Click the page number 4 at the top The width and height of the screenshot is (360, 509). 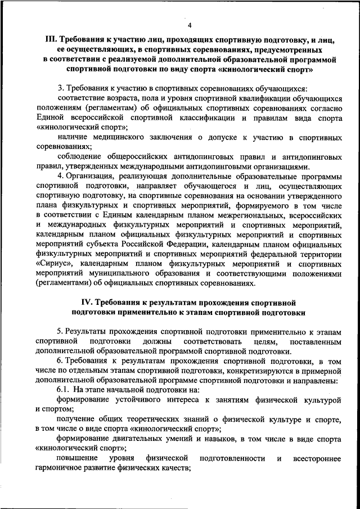click(190, 25)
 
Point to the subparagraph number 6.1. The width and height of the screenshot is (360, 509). click(64, 389)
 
